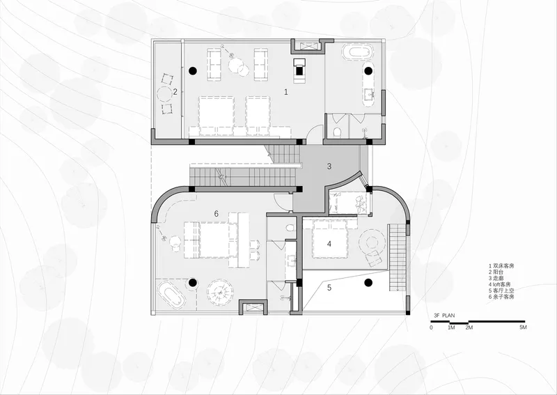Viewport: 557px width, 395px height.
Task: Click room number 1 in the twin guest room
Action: (x=286, y=92)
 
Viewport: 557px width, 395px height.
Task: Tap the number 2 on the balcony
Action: (x=175, y=92)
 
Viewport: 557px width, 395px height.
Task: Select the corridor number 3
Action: (x=329, y=166)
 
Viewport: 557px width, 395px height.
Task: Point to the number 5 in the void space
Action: (x=329, y=288)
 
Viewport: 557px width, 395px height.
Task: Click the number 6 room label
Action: (x=217, y=214)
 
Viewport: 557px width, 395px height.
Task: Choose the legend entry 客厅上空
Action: (x=501, y=291)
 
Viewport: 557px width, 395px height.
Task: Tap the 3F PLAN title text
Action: (x=444, y=316)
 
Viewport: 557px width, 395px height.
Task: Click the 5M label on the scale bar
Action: (x=523, y=327)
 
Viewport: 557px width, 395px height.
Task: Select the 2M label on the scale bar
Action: (x=469, y=327)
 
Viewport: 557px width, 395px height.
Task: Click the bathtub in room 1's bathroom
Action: (x=358, y=52)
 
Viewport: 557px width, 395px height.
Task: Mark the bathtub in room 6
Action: (x=171, y=295)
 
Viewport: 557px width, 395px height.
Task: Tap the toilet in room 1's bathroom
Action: (x=338, y=132)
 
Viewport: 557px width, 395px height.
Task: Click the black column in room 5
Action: (x=368, y=283)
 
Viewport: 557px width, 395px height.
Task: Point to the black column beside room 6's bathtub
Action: (x=193, y=283)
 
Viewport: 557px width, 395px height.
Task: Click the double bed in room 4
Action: (x=329, y=238)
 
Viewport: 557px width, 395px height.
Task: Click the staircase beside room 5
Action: (x=398, y=258)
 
